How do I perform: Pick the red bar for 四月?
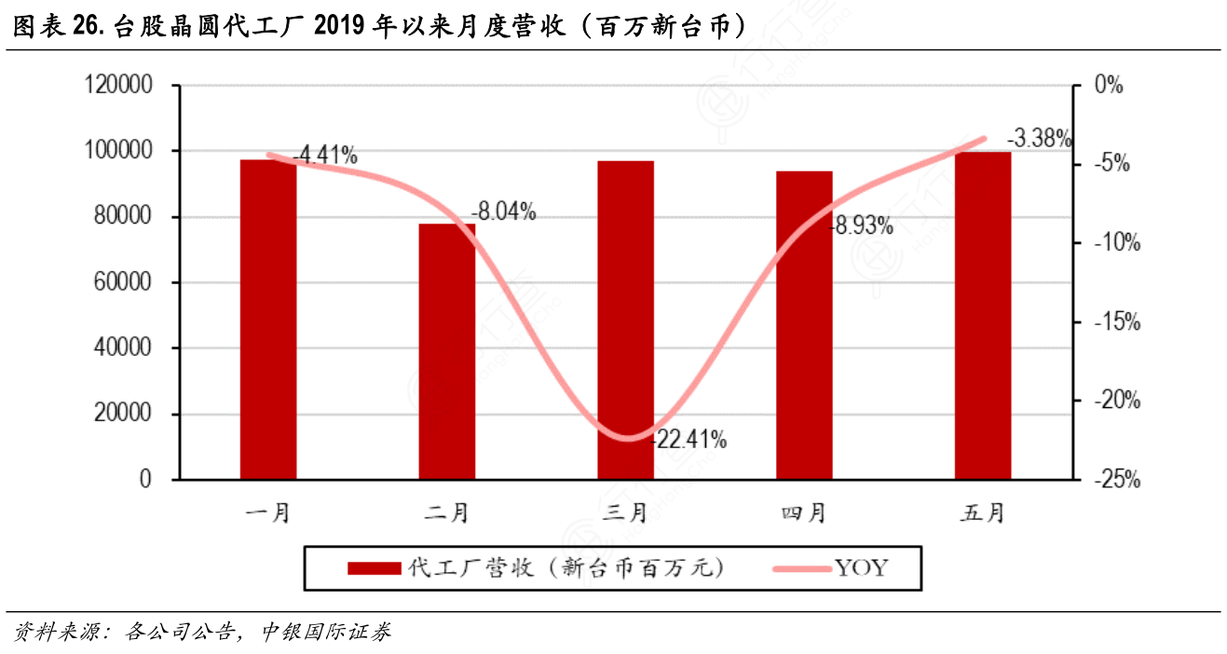click(x=804, y=325)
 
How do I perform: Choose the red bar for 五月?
click(x=983, y=316)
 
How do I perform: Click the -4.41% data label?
click(x=325, y=156)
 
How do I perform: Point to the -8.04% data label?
click(x=503, y=211)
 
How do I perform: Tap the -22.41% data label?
click(x=690, y=439)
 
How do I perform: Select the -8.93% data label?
click(x=862, y=225)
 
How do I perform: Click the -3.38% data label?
click(x=1040, y=139)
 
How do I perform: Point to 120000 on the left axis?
click(x=118, y=86)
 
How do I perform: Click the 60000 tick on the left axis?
click(x=124, y=283)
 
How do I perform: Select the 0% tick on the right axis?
click(x=1108, y=86)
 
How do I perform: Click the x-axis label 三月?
click(x=626, y=512)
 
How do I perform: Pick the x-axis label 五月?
click(x=983, y=512)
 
